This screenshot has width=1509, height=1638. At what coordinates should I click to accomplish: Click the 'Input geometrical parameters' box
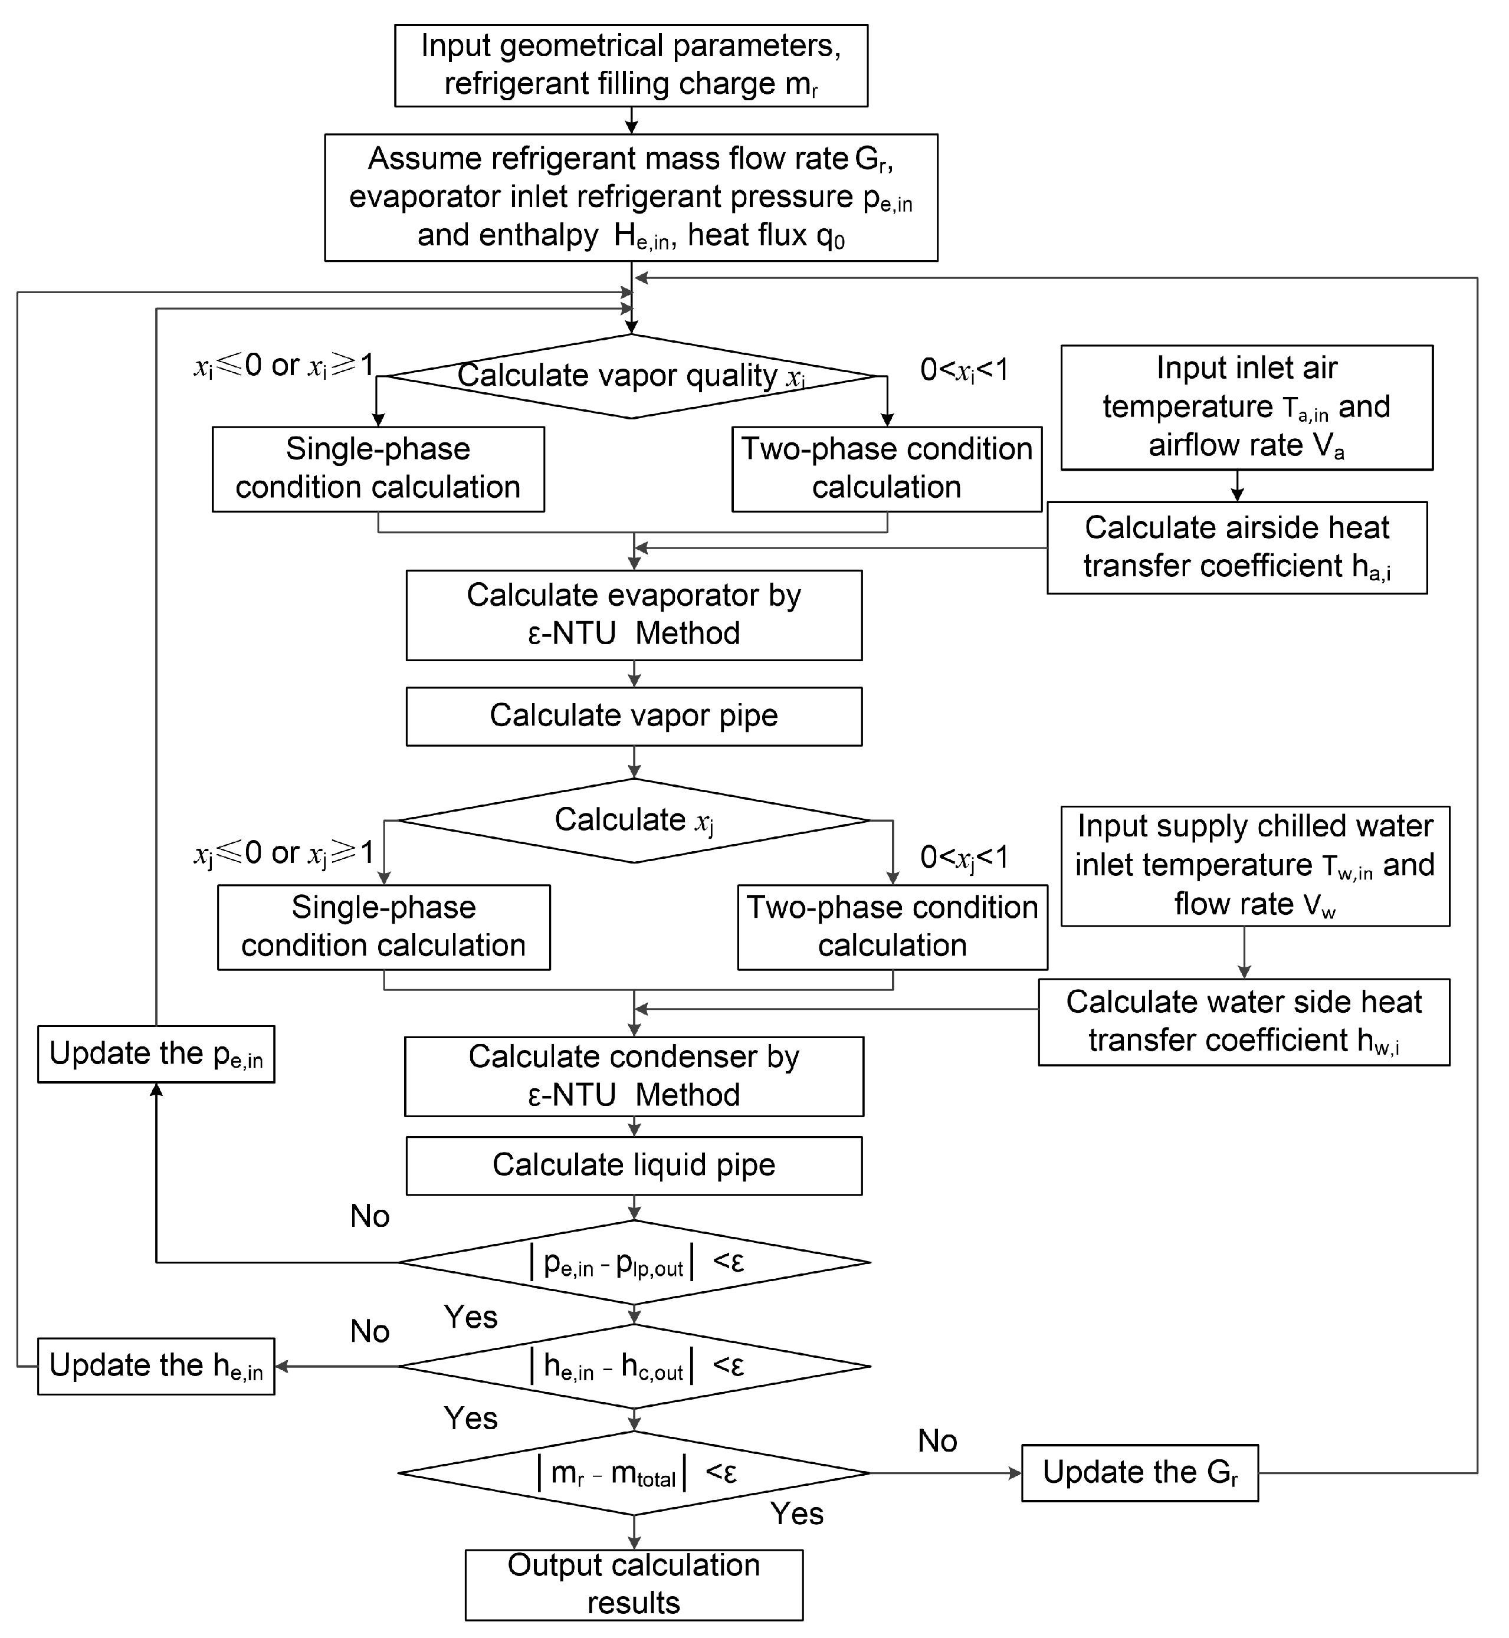(x=631, y=65)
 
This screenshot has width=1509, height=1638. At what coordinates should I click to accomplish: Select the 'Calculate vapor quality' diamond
(x=631, y=376)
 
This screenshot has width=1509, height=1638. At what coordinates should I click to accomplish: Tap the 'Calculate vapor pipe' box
(x=634, y=716)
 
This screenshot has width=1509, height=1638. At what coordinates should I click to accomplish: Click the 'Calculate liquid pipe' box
(x=634, y=1165)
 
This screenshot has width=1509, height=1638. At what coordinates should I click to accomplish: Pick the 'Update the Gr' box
(x=1139, y=1473)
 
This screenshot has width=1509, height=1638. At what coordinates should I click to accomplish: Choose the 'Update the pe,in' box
(x=156, y=1054)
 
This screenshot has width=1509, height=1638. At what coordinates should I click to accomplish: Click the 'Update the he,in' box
(x=156, y=1366)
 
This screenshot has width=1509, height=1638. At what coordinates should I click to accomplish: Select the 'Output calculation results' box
(x=634, y=1584)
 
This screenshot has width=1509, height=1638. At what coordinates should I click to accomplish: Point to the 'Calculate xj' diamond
(x=634, y=820)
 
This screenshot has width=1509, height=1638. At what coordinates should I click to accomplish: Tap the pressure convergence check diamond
(x=634, y=1262)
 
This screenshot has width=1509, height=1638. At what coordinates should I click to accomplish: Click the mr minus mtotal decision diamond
(x=634, y=1473)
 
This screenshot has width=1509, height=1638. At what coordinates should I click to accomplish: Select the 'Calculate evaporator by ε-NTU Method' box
(x=634, y=615)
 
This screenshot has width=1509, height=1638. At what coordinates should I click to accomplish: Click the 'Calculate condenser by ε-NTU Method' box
(x=634, y=1076)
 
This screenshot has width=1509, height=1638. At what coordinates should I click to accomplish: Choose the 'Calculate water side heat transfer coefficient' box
(x=1243, y=1022)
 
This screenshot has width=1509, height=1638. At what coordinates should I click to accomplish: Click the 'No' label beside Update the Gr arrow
(x=937, y=1441)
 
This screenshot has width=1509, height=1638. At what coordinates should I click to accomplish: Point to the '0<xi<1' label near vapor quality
(x=963, y=370)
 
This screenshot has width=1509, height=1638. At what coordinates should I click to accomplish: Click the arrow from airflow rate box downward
(x=1237, y=486)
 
